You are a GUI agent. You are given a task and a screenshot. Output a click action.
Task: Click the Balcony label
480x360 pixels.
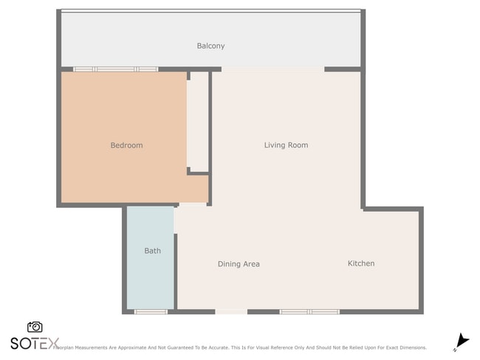tap(210, 46)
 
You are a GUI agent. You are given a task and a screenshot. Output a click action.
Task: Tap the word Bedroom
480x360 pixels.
tap(126, 145)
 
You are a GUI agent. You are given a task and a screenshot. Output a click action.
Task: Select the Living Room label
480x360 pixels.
tap(286, 145)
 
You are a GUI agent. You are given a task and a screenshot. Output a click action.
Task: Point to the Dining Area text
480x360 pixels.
tap(239, 264)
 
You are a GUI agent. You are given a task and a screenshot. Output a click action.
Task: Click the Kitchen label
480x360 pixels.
tap(361, 263)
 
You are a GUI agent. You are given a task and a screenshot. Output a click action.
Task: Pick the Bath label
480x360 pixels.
tap(152, 251)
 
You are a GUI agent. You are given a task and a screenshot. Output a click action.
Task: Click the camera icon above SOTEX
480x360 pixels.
tap(35, 327)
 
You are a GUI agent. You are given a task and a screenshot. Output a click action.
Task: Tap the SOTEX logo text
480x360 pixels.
tap(34, 343)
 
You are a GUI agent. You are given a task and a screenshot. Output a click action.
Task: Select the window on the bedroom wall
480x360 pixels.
tap(115, 69)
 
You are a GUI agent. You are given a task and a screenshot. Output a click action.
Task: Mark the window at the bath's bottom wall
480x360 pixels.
tap(151, 311)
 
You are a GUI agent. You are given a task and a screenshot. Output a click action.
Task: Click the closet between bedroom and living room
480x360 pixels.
tap(198, 122)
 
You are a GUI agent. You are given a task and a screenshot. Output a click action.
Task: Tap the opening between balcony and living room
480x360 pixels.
tap(272, 69)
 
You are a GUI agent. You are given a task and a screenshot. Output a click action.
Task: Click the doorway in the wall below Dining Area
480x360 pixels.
tap(231, 311)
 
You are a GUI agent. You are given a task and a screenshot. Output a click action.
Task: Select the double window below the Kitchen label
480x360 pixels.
tap(309, 311)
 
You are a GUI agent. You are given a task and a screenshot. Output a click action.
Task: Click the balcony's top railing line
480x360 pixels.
tap(210, 10)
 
